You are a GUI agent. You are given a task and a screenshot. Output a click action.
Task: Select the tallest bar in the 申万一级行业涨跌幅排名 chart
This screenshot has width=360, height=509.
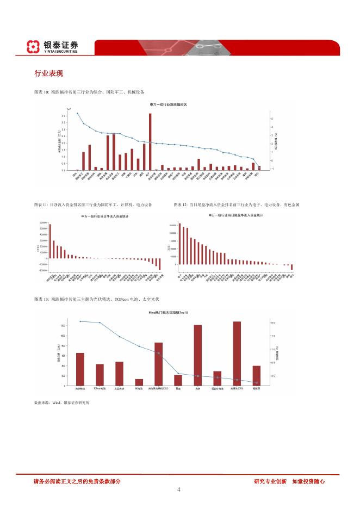point(150,141)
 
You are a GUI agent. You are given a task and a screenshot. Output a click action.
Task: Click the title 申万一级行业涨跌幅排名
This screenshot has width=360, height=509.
point(168,104)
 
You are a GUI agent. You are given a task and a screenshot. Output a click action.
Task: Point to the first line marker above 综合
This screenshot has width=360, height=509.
point(77,114)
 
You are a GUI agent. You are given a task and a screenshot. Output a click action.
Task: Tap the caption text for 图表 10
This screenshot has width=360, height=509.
point(89,92)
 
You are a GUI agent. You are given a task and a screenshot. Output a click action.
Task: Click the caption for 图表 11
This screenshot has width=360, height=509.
point(92,204)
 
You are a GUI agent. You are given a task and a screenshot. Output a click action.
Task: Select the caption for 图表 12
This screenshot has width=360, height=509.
point(237,204)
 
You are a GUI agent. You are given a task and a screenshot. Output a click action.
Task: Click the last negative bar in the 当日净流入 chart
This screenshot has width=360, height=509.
point(160,264)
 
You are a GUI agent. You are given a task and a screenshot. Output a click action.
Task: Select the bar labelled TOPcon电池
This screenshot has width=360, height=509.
point(100,375)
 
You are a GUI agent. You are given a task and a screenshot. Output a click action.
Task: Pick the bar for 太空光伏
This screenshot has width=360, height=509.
point(119,374)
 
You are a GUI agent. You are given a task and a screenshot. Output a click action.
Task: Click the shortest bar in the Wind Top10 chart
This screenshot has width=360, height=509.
point(139,382)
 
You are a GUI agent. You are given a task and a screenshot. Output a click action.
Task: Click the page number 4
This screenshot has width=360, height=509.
point(179,489)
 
